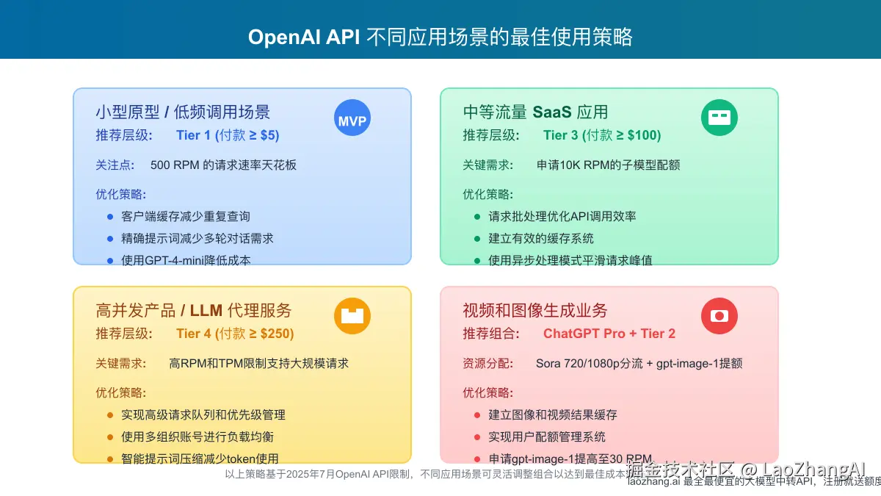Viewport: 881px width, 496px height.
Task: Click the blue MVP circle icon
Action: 352,118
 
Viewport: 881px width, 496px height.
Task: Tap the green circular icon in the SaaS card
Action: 719,118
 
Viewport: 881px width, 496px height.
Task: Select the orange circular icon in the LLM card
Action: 352,316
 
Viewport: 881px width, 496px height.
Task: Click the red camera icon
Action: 719,316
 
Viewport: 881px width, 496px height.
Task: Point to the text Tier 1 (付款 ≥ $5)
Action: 228,135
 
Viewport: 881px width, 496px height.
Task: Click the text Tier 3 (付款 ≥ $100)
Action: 602,135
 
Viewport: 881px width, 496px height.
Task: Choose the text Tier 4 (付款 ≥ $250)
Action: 235,334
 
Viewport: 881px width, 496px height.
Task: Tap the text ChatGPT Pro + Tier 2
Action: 609,334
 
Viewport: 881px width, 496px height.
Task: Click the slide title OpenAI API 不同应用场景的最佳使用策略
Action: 440,37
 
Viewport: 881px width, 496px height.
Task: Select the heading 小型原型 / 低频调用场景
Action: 183,112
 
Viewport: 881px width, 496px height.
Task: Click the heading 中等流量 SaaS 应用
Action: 535,112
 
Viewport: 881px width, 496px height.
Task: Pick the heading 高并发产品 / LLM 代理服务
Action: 194,310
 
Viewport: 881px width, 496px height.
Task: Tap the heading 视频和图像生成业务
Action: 535,310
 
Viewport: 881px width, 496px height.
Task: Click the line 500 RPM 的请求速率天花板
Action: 224,165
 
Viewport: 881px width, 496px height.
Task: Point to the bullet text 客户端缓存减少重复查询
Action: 186,217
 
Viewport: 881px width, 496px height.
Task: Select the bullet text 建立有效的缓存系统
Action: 541,239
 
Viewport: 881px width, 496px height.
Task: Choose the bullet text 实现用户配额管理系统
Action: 547,436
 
